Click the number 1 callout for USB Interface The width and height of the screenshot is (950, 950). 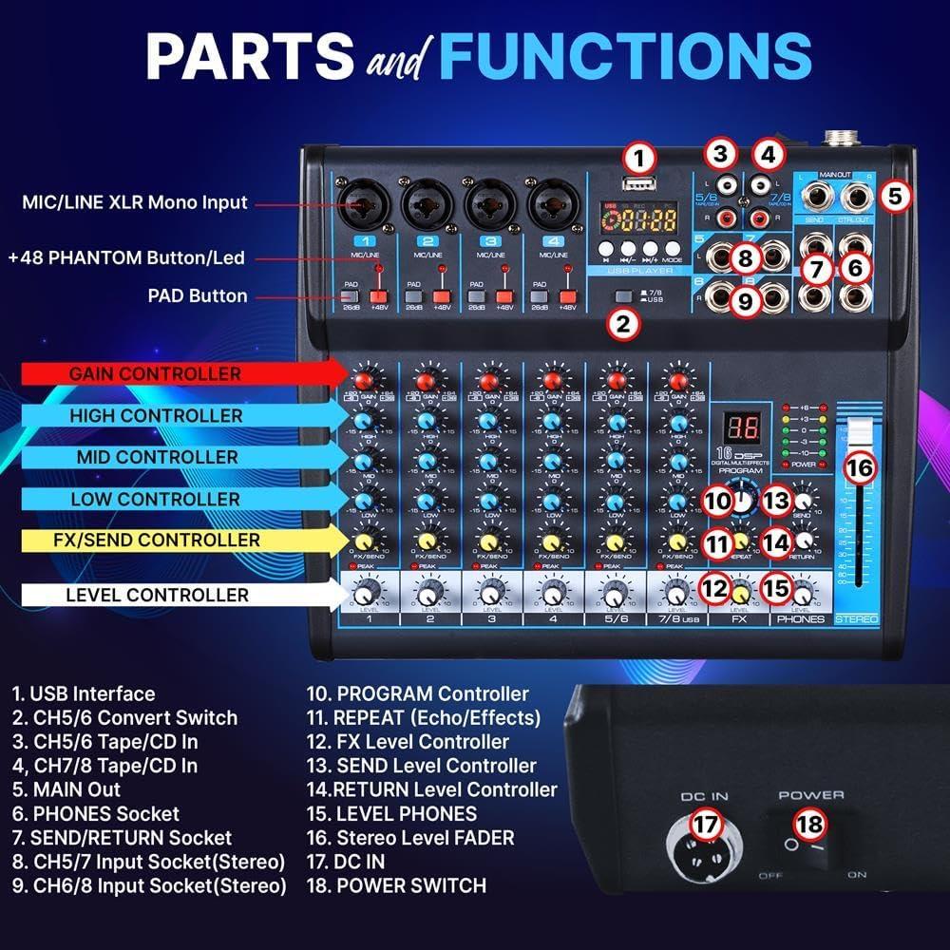pyautogui.click(x=639, y=157)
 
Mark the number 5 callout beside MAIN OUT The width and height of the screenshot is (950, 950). pyautogui.click(x=895, y=196)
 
